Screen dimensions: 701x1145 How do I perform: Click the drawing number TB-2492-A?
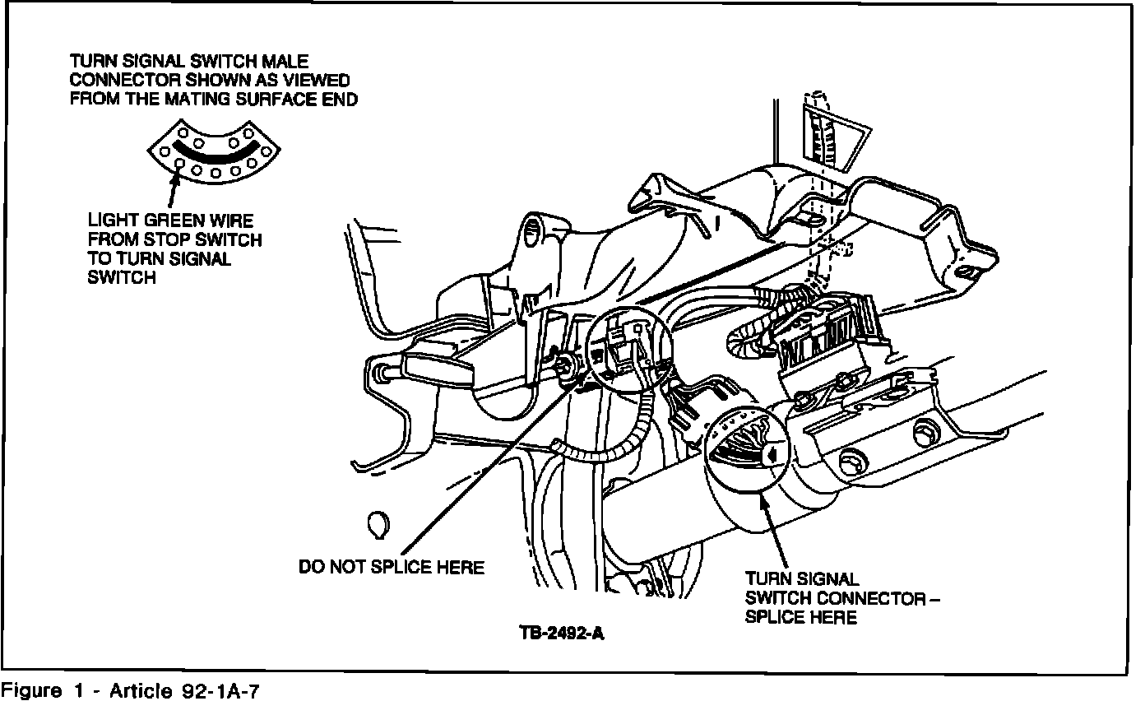tap(563, 634)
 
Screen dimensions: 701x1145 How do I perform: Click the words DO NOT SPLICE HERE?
tap(391, 568)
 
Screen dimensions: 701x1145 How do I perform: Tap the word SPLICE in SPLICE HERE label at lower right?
tap(773, 617)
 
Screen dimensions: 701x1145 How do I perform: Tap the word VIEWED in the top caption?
tap(316, 80)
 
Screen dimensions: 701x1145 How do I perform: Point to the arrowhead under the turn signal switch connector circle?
tap(766, 503)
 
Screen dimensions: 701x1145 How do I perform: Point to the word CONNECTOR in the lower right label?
tap(873, 598)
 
